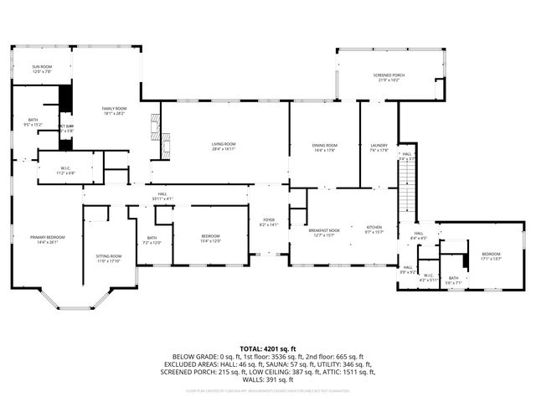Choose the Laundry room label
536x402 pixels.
tap(379, 147)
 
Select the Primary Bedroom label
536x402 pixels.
tap(43, 240)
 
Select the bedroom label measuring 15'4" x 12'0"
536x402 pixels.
tap(210, 239)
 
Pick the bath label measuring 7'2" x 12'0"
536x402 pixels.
tap(152, 240)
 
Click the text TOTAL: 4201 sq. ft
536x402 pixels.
tap(268, 348)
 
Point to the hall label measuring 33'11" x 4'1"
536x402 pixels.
tap(162, 196)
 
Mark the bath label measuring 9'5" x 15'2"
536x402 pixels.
tap(33, 122)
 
